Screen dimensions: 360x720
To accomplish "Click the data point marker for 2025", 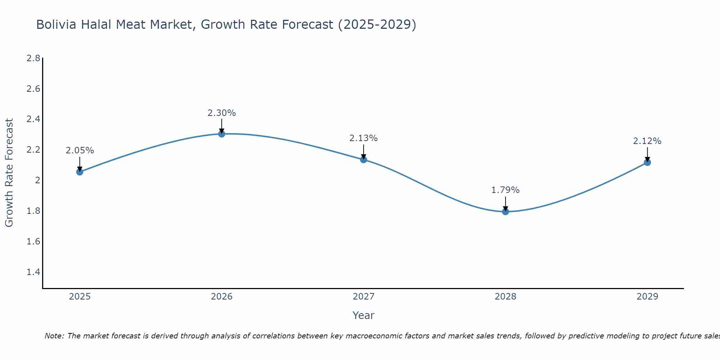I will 80,172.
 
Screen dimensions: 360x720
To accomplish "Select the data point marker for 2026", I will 222,134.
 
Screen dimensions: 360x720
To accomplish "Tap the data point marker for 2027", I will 364,159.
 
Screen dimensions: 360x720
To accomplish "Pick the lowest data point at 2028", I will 505,211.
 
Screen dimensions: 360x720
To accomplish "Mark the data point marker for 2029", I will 647,162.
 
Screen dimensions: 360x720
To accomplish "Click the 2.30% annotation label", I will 222,113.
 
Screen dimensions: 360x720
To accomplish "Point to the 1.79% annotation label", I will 505,190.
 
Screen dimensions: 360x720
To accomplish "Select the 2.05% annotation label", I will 80,150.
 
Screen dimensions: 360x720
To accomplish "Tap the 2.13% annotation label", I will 364,138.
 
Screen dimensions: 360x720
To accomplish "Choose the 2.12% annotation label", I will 647,141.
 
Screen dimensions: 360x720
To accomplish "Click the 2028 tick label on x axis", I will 505,297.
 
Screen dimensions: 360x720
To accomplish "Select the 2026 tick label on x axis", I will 222,297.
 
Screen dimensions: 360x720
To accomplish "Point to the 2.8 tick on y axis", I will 33,58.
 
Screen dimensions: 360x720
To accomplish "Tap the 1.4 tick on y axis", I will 33,272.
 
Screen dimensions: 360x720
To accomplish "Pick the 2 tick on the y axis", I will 37,180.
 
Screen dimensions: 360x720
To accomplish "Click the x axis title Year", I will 364,315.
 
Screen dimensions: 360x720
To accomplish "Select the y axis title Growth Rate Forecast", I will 9,173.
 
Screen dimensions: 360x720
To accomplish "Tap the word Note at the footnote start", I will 54,336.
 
